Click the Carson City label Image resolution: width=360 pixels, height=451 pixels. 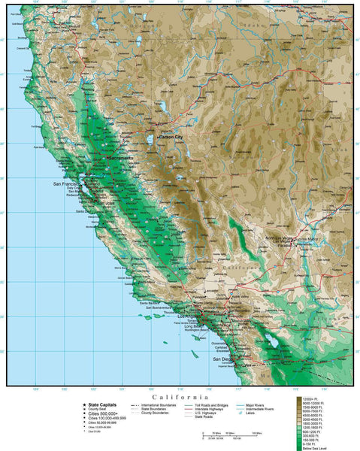[x=171, y=138]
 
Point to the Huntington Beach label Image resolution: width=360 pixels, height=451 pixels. [x=199, y=332]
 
